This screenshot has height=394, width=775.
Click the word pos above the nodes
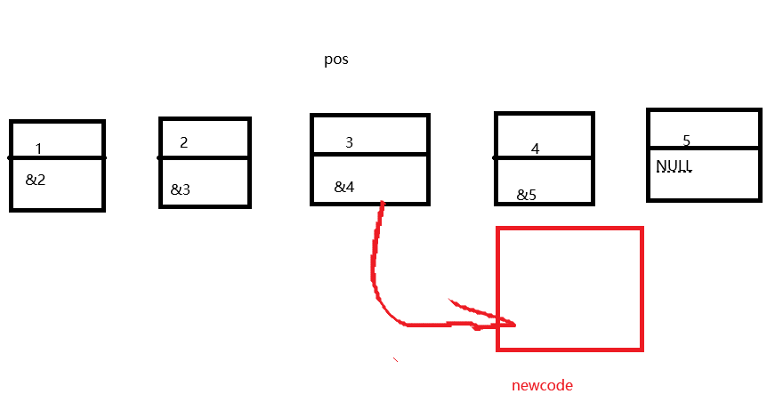point(335,61)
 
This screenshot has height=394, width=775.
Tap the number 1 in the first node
point(39,149)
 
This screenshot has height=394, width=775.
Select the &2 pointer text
point(36,180)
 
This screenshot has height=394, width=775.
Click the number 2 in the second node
point(184,142)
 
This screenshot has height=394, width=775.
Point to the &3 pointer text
point(181,189)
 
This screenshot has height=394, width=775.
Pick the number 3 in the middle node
point(349,142)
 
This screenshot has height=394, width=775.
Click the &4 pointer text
point(344,187)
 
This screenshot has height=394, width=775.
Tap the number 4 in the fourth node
point(535,149)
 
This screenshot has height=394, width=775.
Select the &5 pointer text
point(527,195)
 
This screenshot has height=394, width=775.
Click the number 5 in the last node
point(686,141)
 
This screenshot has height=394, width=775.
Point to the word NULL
point(674,166)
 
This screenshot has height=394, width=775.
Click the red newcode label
point(542,385)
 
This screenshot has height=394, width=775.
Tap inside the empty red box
point(569,289)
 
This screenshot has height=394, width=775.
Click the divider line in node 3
point(370,154)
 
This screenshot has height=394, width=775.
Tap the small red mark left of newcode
point(395,359)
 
